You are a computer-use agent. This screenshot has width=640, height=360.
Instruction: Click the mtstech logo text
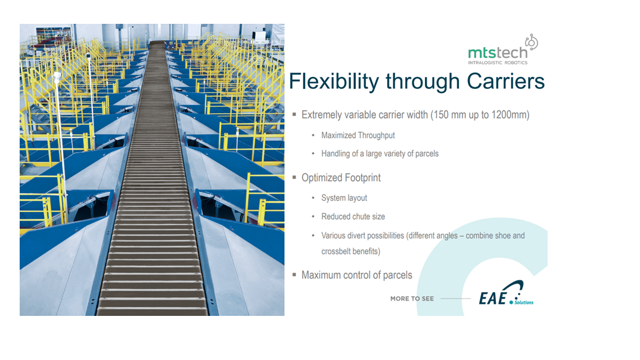[x=498, y=53]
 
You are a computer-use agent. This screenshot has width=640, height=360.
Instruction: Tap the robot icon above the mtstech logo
[x=532, y=42]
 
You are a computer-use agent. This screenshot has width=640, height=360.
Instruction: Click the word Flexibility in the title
[x=334, y=81]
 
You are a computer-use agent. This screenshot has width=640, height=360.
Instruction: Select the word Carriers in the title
[x=506, y=81]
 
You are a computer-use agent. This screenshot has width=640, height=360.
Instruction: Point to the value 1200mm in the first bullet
[x=510, y=114]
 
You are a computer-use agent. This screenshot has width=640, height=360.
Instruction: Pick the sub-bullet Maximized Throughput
[x=358, y=135]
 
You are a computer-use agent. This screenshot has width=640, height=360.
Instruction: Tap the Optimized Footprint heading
[x=341, y=178]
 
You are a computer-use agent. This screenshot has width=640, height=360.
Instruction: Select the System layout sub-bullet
[x=344, y=198]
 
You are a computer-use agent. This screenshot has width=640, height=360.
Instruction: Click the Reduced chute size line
[x=353, y=216]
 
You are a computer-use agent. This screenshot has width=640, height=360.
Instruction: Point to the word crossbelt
[x=336, y=252]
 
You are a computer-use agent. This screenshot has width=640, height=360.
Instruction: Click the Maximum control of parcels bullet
[x=357, y=275]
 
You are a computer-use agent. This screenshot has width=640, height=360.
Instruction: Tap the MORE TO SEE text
[x=412, y=299]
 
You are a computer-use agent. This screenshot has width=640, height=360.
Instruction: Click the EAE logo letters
[x=493, y=299]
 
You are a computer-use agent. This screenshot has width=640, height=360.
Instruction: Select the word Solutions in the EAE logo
[x=524, y=302]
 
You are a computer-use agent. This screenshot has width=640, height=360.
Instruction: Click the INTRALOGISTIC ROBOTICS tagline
[x=498, y=63]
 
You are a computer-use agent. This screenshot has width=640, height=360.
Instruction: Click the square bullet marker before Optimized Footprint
[x=294, y=178]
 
